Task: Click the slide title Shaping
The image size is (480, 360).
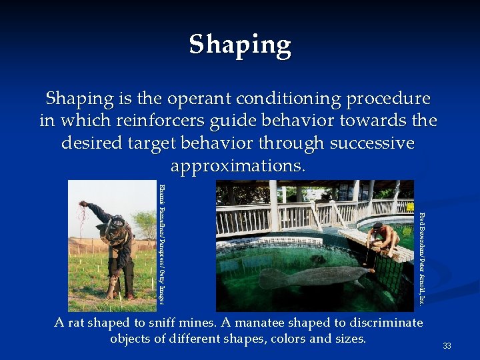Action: pyautogui.click(x=240, y=45)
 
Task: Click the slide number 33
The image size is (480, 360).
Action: pyautogui.click(x=447, y=346)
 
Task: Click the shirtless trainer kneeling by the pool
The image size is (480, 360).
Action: pyautogui.click(x=381, y=240)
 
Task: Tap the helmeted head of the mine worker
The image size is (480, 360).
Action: pyautogui.click(x=118, y=223)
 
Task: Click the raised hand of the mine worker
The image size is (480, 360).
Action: pyautogui.click(x=83, y=205)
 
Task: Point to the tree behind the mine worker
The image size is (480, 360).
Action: pyautogui.click(x=143, y=223)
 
